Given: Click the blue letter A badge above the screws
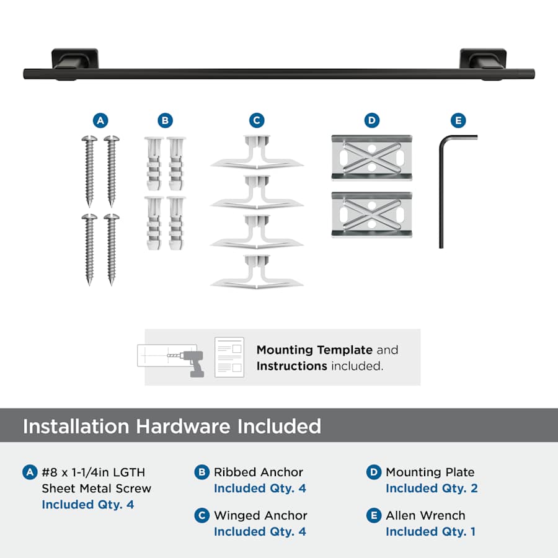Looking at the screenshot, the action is [100, 121].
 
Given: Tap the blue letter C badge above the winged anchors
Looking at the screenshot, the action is [257, 121].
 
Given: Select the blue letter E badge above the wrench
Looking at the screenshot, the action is [458, 121].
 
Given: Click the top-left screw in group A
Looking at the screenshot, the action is [89, 171].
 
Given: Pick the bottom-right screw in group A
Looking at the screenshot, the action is [112, 249].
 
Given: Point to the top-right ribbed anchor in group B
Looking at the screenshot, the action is [176, 164].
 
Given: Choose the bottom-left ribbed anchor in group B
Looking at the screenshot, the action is [154, 223].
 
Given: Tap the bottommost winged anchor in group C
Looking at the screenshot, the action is [257, 272].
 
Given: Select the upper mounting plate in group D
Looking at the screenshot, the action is [372, 157].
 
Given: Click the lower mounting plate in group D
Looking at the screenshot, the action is [372, 215].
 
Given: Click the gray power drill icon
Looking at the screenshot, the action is [192, 363].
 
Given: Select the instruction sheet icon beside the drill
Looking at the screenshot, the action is [229, 357].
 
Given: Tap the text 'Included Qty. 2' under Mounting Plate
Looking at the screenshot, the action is [432, 489].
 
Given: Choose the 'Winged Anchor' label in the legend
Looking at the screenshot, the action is [260, 515].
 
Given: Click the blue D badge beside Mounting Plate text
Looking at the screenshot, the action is [374, 472].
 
